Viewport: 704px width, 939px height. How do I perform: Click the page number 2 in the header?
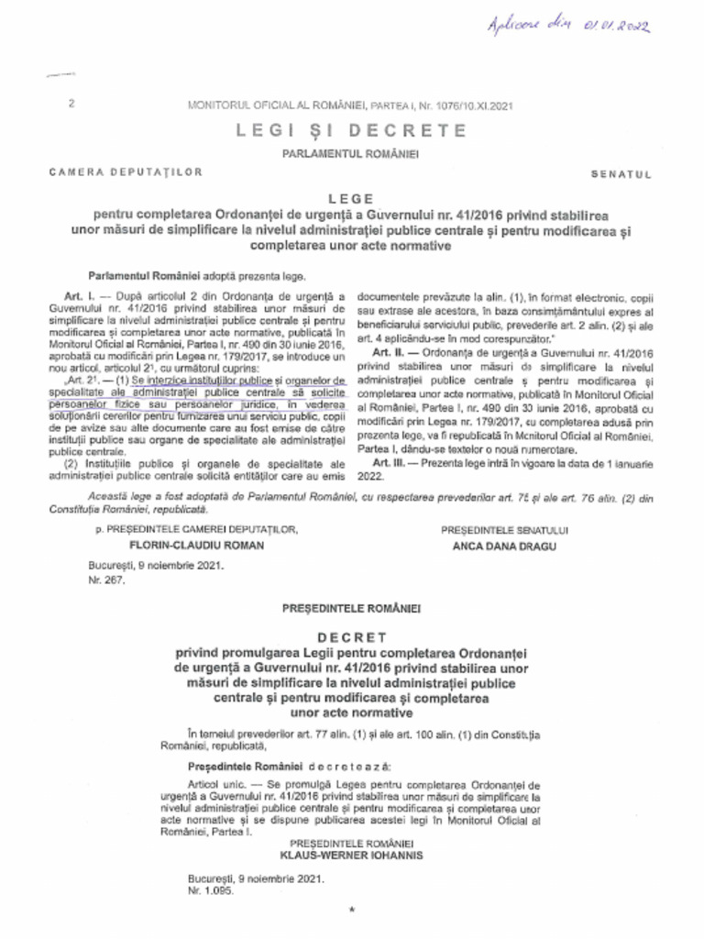[71, 105]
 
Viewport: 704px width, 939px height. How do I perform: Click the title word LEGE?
[351, 197]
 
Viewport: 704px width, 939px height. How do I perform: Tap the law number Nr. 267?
[100, 581]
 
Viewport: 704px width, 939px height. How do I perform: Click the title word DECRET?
[351, 636]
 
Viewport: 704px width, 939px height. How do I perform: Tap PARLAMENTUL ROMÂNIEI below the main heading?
[351, 153]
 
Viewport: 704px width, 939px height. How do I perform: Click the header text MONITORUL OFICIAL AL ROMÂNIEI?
[280, 105]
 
